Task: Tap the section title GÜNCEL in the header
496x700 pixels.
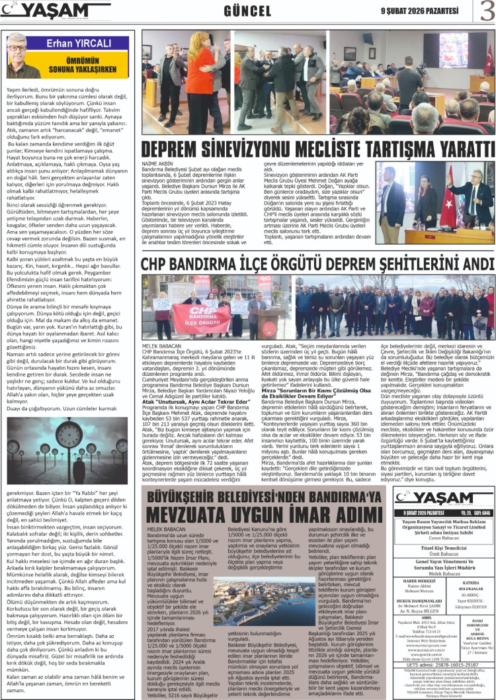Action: click(x=248, y=11)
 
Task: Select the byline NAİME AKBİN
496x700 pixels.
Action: click(x=156, y=163)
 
